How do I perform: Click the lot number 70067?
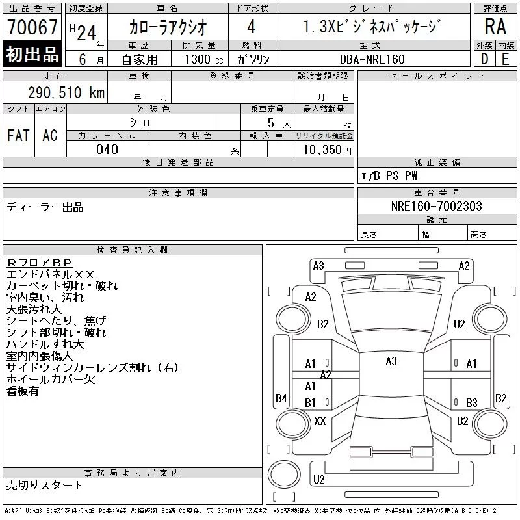[x=32, y=27]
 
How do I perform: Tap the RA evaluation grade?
[x=495, y=27]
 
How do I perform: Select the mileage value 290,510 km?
[x=66, y=92]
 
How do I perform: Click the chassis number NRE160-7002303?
[x=436, y=206]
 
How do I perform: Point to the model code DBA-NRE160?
[x=372, y=59]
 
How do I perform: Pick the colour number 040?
[x=107, y=149]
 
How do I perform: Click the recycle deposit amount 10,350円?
[x=327, y=150]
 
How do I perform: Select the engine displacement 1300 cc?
[x=204, y=59]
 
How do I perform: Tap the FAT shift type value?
[x=18, y=135]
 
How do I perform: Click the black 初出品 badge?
[x=32, y=54]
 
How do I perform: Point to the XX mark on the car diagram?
[x=320, y=421]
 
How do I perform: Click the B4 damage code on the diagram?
[x=281, y=398]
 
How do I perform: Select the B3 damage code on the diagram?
[x=472, y=402]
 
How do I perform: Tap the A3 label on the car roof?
[x=391, y=361]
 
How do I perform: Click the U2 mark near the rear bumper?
[x=319, y=479]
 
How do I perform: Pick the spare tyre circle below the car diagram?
[x=284, y=474]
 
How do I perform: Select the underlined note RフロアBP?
[x=39, y=263]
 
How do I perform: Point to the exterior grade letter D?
[x=484, y=59]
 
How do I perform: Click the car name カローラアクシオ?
[x=168, y=27]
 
